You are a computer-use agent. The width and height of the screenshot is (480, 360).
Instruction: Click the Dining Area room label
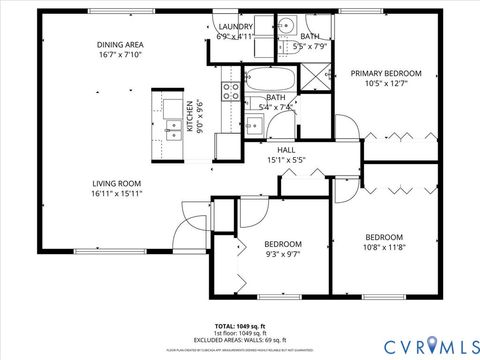coord(119,45)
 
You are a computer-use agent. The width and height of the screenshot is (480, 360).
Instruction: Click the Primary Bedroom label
coord(385,73)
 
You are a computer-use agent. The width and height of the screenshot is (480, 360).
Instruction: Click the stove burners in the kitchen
coord(230,93)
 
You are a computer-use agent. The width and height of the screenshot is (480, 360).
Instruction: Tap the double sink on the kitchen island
coord(174,114)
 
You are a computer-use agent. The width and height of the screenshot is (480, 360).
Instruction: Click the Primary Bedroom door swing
coord(346,129)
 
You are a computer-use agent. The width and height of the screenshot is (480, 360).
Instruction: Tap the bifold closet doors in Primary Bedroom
coord(400,136)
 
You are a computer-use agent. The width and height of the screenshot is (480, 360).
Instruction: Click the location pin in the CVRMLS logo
coord(432,346)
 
